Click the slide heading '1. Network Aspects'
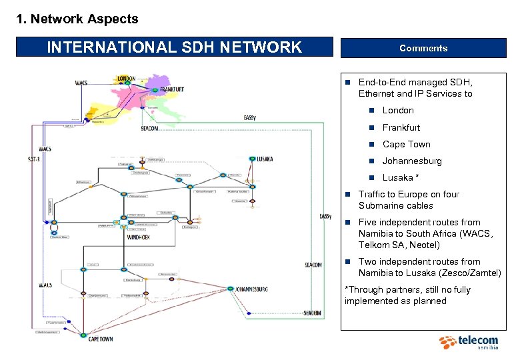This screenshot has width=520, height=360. click(x=77, y=19)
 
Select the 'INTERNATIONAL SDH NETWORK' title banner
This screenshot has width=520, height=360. click(x=175, y=47)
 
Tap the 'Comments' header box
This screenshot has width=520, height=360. click(x=423, y=48)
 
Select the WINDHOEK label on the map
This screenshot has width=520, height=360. click(x=143, y=236)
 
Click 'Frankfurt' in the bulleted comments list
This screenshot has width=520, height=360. click(x=401, y=127)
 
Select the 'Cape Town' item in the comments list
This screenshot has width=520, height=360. click(x=406, y=144)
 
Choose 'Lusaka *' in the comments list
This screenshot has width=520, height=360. click(x=401, y=177)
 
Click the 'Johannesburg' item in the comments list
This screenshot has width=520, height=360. click(x=412, y=161)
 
